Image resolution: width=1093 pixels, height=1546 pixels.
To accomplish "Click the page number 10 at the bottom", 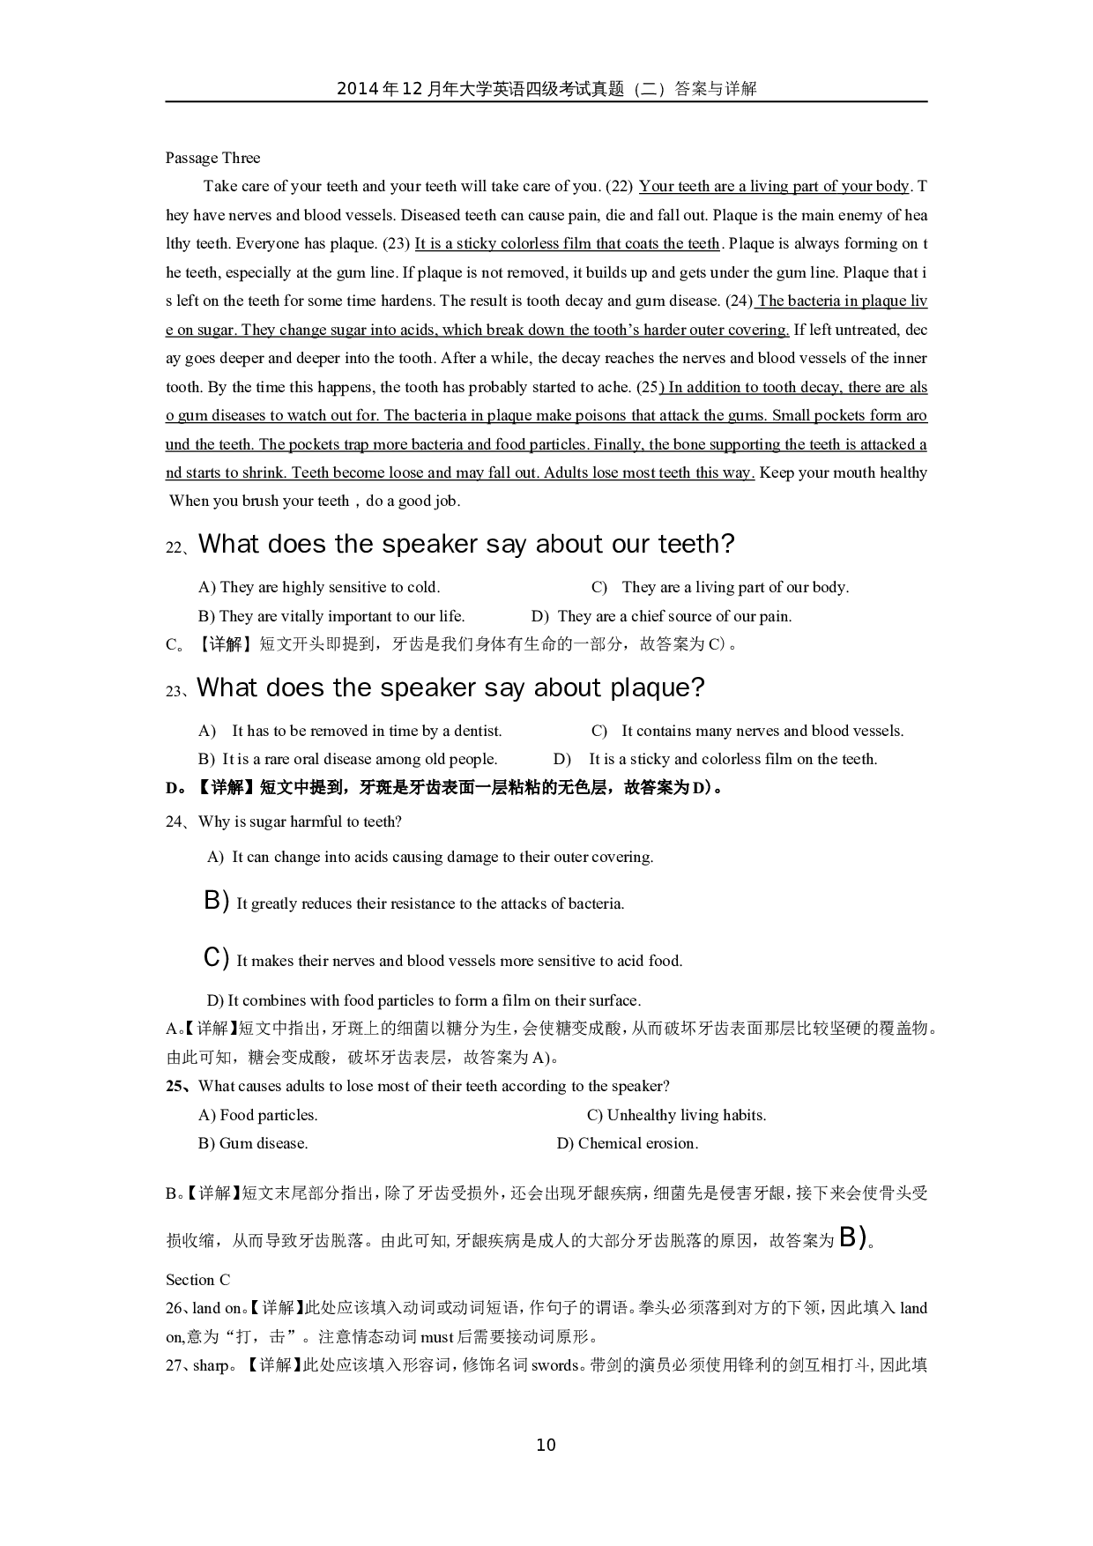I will point(546,1445).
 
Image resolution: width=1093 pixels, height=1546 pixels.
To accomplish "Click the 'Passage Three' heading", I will point(212,158).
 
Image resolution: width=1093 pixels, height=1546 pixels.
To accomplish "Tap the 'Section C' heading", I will point(197,1280).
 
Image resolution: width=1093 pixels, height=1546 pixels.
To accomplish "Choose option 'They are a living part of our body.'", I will point(735,587).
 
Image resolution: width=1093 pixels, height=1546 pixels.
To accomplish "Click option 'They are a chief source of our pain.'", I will point(674,616).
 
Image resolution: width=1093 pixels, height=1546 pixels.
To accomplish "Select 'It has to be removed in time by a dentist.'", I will point(367,731).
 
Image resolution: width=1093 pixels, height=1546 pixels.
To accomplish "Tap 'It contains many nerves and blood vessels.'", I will point(762,731).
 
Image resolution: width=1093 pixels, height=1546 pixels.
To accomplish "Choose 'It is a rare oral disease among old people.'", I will point(360,759).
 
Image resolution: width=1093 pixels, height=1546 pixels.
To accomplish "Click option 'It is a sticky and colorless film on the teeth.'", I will point(732,759).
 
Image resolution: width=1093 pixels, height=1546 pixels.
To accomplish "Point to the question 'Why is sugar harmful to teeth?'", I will point(300,821).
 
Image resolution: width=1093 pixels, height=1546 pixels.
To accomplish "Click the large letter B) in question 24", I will point(216,900).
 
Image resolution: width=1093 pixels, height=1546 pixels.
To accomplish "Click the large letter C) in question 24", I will point(216,957).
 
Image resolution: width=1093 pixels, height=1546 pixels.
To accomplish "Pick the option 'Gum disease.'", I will point(263,1143).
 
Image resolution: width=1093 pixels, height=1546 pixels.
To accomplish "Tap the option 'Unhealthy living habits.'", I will point(686,1115).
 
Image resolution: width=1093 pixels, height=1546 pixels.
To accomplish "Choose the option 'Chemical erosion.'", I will point(637,1143).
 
